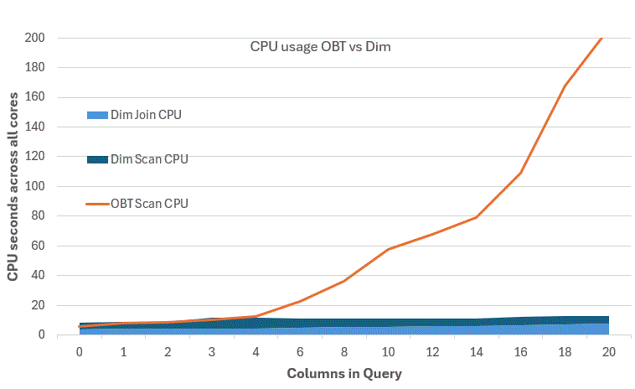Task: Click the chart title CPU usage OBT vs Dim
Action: (x=321, y=48)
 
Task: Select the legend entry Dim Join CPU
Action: (x=146, y=115)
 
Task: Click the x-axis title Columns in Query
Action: (x=344, y=372)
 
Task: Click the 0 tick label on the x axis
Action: (x=80, y=352)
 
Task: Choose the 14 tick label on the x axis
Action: (x=477, y=352)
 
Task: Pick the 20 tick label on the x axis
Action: (x=609, y=352)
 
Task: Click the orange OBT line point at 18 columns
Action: (x=565, y=86)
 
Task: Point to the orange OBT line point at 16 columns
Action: (x=521, y=173)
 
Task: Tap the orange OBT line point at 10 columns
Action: (x=389, y=249)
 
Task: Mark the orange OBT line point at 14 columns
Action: (x=477, y=217)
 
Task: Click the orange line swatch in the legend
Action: (x=98, y=203)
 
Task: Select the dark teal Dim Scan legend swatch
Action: (x=98, y=158)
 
